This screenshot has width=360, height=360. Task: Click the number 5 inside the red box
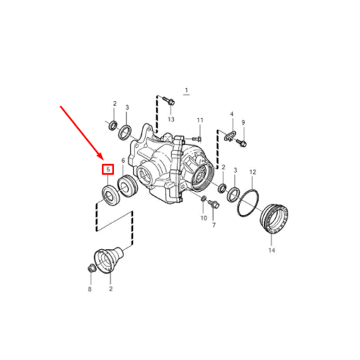[108, 169]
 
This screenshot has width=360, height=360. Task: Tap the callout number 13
[171, 119]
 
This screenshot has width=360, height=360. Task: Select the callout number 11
[200, 120]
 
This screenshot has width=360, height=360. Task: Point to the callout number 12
[252, 172]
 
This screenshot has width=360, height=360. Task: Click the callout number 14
[271, 250]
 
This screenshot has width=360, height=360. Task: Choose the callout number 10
[203, 218]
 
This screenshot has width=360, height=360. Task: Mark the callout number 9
[243, 122]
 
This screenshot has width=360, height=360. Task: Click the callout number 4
[232, 114]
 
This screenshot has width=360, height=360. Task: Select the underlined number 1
[186, 90]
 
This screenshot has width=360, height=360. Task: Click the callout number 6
[123, 160]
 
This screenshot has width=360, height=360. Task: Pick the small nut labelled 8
[90, 269]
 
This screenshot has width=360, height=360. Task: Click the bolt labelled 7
[215, 205]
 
